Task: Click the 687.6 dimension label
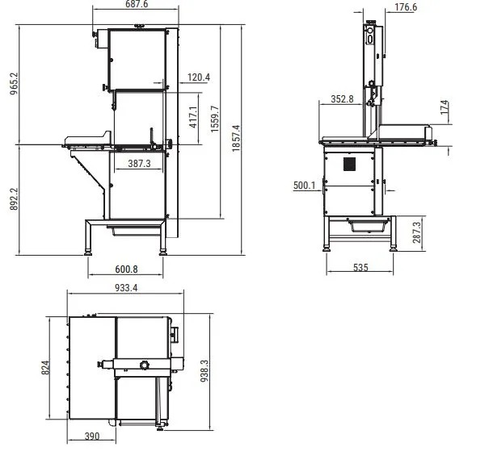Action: [x=137, y=4]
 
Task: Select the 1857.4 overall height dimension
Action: [x=236, y=138]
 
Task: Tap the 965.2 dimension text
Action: [x=14, y=84]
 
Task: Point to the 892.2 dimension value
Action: [x=14, y=199]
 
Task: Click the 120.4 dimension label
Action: [x=199, y=77]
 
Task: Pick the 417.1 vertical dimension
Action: [x=193, y=117]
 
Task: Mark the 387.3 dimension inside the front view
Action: [x=139, y=164]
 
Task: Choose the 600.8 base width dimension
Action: [x=126, y=269]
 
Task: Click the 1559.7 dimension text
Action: [x=215, y=119]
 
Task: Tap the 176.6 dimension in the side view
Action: [x=406, y=6]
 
